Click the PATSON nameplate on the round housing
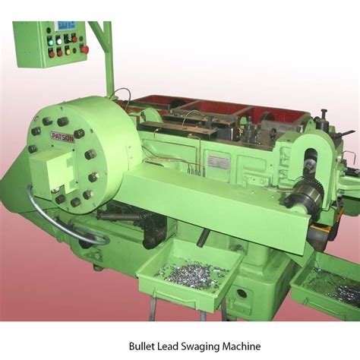tap(63, 135)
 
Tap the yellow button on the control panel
tap(66, 51)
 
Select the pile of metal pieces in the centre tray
tap(193, 273)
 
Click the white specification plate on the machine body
tap(217, 162)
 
